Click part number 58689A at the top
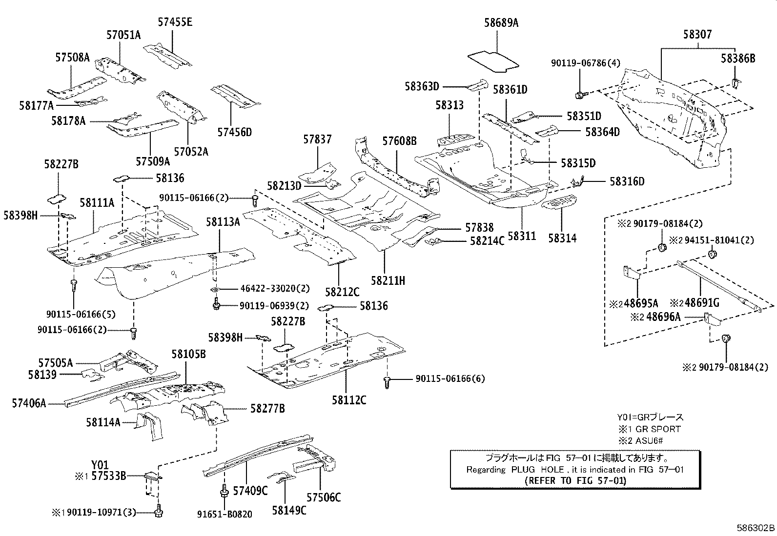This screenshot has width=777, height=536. coord(501,22)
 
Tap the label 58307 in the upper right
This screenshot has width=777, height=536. coord(697,35)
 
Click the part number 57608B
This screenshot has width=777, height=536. coord(399,141)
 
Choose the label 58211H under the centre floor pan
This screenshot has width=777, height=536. coord(388,280)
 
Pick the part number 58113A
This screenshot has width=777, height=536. coord(223,222)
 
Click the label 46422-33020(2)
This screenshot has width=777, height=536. coord(275,288)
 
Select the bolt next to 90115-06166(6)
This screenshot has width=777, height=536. coord(388,382)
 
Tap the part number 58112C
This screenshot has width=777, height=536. coord(348,400)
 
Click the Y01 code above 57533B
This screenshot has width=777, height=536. coord(100,465)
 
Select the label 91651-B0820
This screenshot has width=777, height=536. coord(225,515)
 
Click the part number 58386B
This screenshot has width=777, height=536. coord(738,59)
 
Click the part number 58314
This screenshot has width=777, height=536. coord(562,238)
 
